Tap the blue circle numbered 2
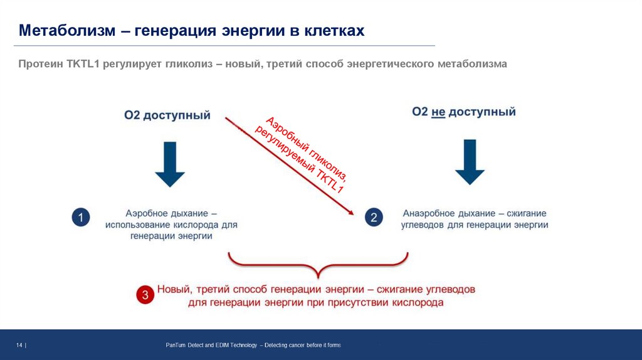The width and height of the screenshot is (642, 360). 374,217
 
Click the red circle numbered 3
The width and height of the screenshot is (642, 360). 145,295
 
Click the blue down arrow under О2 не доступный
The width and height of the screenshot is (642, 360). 470,161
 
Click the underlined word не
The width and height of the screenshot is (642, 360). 438,112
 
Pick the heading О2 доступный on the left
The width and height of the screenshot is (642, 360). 167,115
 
